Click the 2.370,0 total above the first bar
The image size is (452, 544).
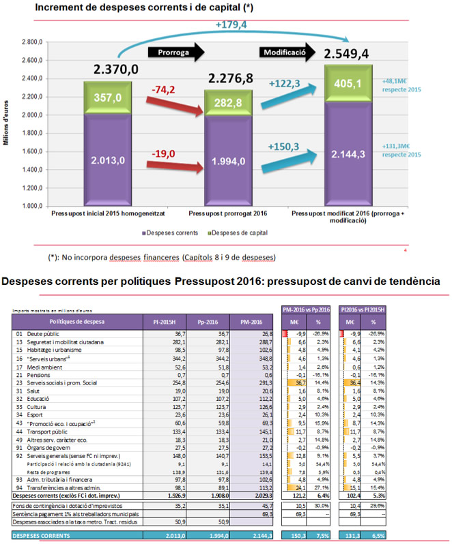point(116,70)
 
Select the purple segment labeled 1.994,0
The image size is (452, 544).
point(229,162)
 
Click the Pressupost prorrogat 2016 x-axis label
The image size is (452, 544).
point(227,213)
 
